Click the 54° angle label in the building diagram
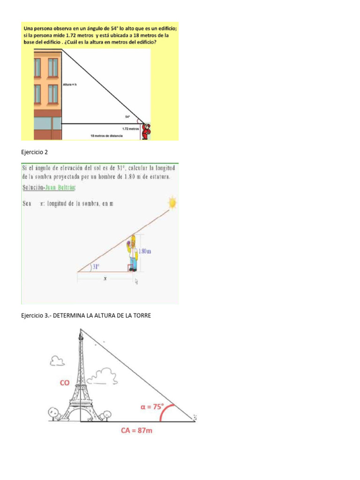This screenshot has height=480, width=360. (127, 117)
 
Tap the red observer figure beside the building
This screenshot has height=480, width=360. (147, 131)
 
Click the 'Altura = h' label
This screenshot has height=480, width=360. (69, 85)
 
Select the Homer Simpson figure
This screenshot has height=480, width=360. (133, 253)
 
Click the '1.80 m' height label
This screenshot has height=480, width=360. (145, 251)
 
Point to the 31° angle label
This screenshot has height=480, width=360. (96, 266)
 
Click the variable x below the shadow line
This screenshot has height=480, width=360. (105, 278)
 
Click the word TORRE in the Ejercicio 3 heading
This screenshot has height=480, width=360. (141, 316)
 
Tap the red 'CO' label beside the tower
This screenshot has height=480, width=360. (65, 383)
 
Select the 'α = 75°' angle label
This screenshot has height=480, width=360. (152, 407)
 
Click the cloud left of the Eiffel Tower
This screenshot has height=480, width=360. (57, 361)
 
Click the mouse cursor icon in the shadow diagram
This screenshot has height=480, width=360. (136, 281)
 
